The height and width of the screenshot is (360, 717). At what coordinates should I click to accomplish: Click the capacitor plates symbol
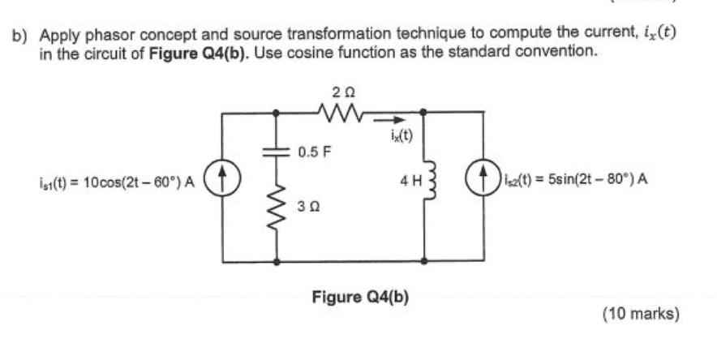point(280,151)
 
